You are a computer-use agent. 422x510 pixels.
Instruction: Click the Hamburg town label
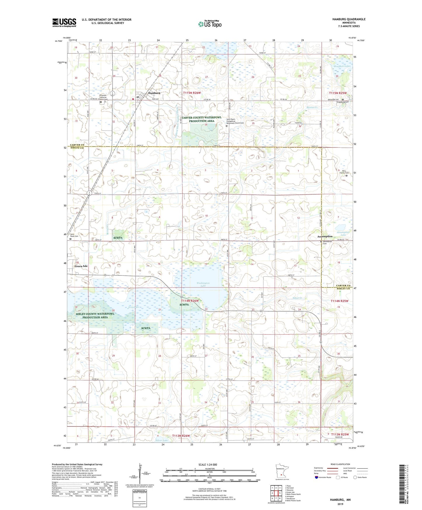[154, 93]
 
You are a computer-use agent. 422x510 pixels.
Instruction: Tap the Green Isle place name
[81, 266]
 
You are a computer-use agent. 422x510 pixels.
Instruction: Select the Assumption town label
[325, 236]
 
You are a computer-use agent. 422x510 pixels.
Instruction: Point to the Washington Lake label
[203, 284]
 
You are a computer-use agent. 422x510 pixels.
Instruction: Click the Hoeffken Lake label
[342, 66]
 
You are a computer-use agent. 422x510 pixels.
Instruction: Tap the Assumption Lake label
[343, 233]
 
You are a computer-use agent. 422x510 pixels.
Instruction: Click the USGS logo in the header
[64, 22]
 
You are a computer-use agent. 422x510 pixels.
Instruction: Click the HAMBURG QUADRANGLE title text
[349, 19]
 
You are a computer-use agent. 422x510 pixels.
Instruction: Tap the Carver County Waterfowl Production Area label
[202, 119]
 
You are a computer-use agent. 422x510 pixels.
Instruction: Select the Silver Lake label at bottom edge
[162, 440]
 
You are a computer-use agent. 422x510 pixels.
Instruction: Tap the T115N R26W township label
[192, 93]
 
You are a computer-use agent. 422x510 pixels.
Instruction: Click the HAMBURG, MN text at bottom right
[340, 500]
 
